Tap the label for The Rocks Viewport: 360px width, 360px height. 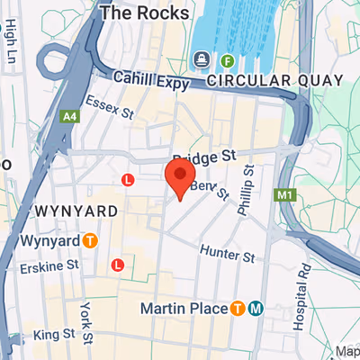145,13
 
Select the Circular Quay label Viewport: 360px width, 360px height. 274,81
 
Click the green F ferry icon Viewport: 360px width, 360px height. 228,61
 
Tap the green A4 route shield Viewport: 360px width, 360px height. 69,117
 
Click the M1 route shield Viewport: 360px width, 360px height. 287,194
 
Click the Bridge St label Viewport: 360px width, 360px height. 210,156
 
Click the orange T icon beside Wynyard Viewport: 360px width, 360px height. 90,240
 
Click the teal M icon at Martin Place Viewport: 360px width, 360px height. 256,309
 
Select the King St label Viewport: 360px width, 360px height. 54,336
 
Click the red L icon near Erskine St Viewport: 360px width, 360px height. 117,265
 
